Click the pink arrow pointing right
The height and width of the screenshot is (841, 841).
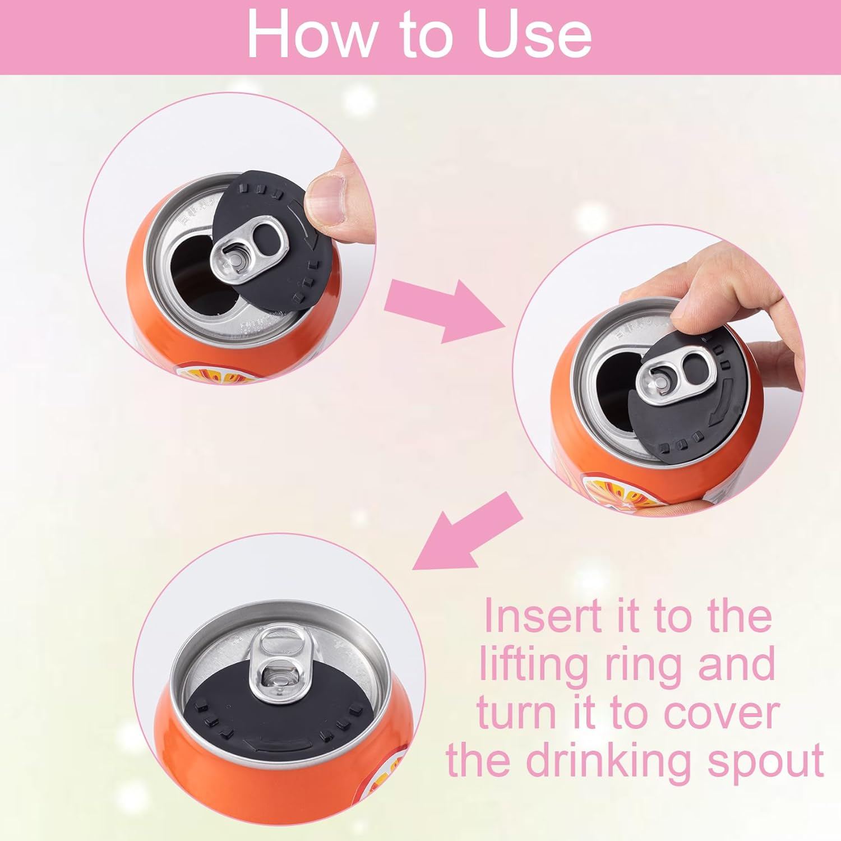tap(443, 310)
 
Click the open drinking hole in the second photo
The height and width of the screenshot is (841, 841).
tap(617, 398)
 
